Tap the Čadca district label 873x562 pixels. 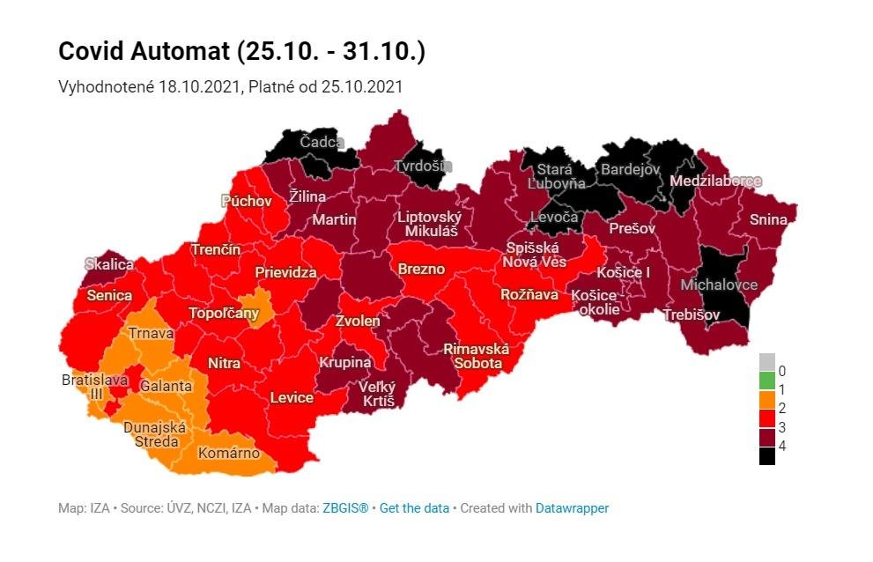tap(322, 142)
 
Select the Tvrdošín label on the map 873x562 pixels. tap(422, 166)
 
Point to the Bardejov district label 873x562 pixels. tap(629, 169)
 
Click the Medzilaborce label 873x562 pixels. tap(715, 181)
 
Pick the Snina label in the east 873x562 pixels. tap(768, 219)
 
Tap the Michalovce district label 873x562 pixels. tap(719, 285)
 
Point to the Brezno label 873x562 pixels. tap(422, 269)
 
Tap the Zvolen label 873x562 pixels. tap(358, 322)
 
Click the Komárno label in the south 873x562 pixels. tap(228, 453)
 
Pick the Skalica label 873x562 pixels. tap(109, 264)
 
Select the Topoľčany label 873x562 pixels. tap(224, 314)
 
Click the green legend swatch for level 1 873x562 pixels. tap(767, 381)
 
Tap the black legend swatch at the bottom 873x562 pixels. tap(767, 455)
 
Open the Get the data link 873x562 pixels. tap(414, 508)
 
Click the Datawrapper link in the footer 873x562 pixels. tap(572, 508)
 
